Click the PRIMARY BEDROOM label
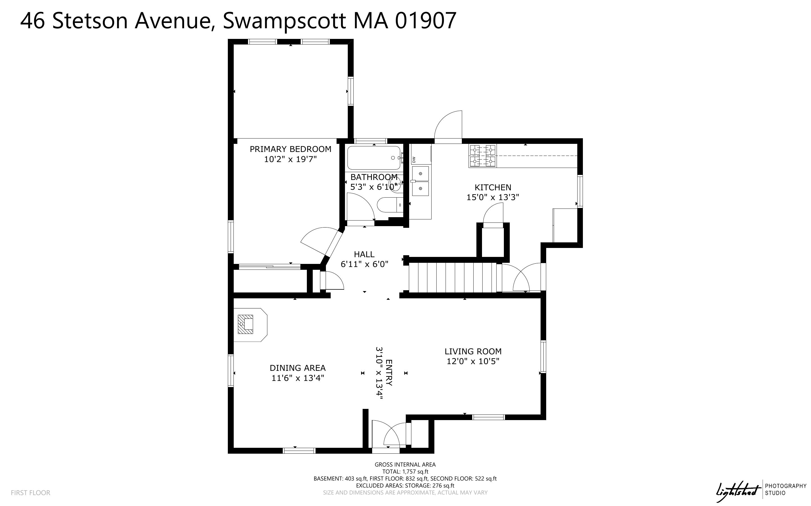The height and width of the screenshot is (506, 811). [x=290, y=149]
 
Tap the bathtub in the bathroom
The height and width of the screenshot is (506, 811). [x=374, y=158]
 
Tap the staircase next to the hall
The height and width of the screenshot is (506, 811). [x=452, y=277]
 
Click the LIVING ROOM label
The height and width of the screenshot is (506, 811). [x=473, y=352]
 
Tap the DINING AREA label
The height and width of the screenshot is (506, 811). [x=297, y=368]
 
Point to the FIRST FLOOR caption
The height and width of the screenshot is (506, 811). [x=31, y=493]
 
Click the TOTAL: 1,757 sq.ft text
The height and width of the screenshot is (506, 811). [x=405, y=472]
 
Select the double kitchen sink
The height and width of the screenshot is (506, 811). [x=420, y=181]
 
